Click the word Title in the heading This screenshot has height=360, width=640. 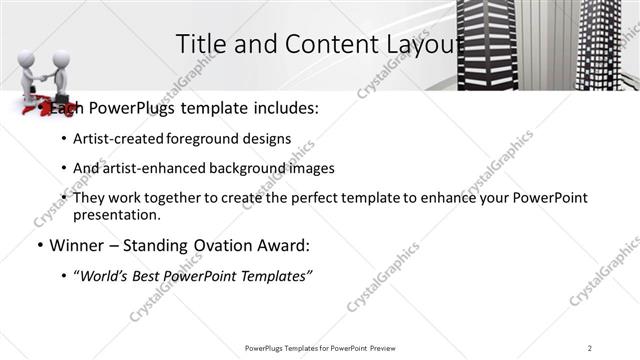point(199,44)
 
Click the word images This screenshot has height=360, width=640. point(309,168)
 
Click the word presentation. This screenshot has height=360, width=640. point(116,214)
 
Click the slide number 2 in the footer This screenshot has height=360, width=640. point(590,348)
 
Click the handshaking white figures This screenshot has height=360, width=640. point(48,73)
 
